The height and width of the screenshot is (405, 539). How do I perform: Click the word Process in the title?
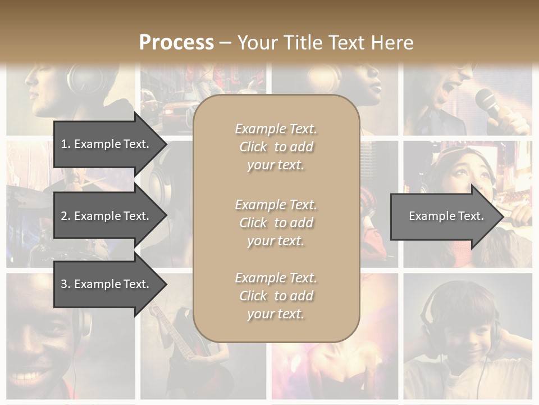coord(176,43)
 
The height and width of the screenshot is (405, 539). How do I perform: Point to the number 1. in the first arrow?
coord(66,144)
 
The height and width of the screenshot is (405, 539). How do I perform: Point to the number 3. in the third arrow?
coord(66,284)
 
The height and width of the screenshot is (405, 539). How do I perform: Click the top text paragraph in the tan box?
coord(276,147)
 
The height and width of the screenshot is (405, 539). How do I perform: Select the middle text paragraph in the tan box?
coord(276,223)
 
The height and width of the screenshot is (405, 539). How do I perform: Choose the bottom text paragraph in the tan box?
coord(276,296)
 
